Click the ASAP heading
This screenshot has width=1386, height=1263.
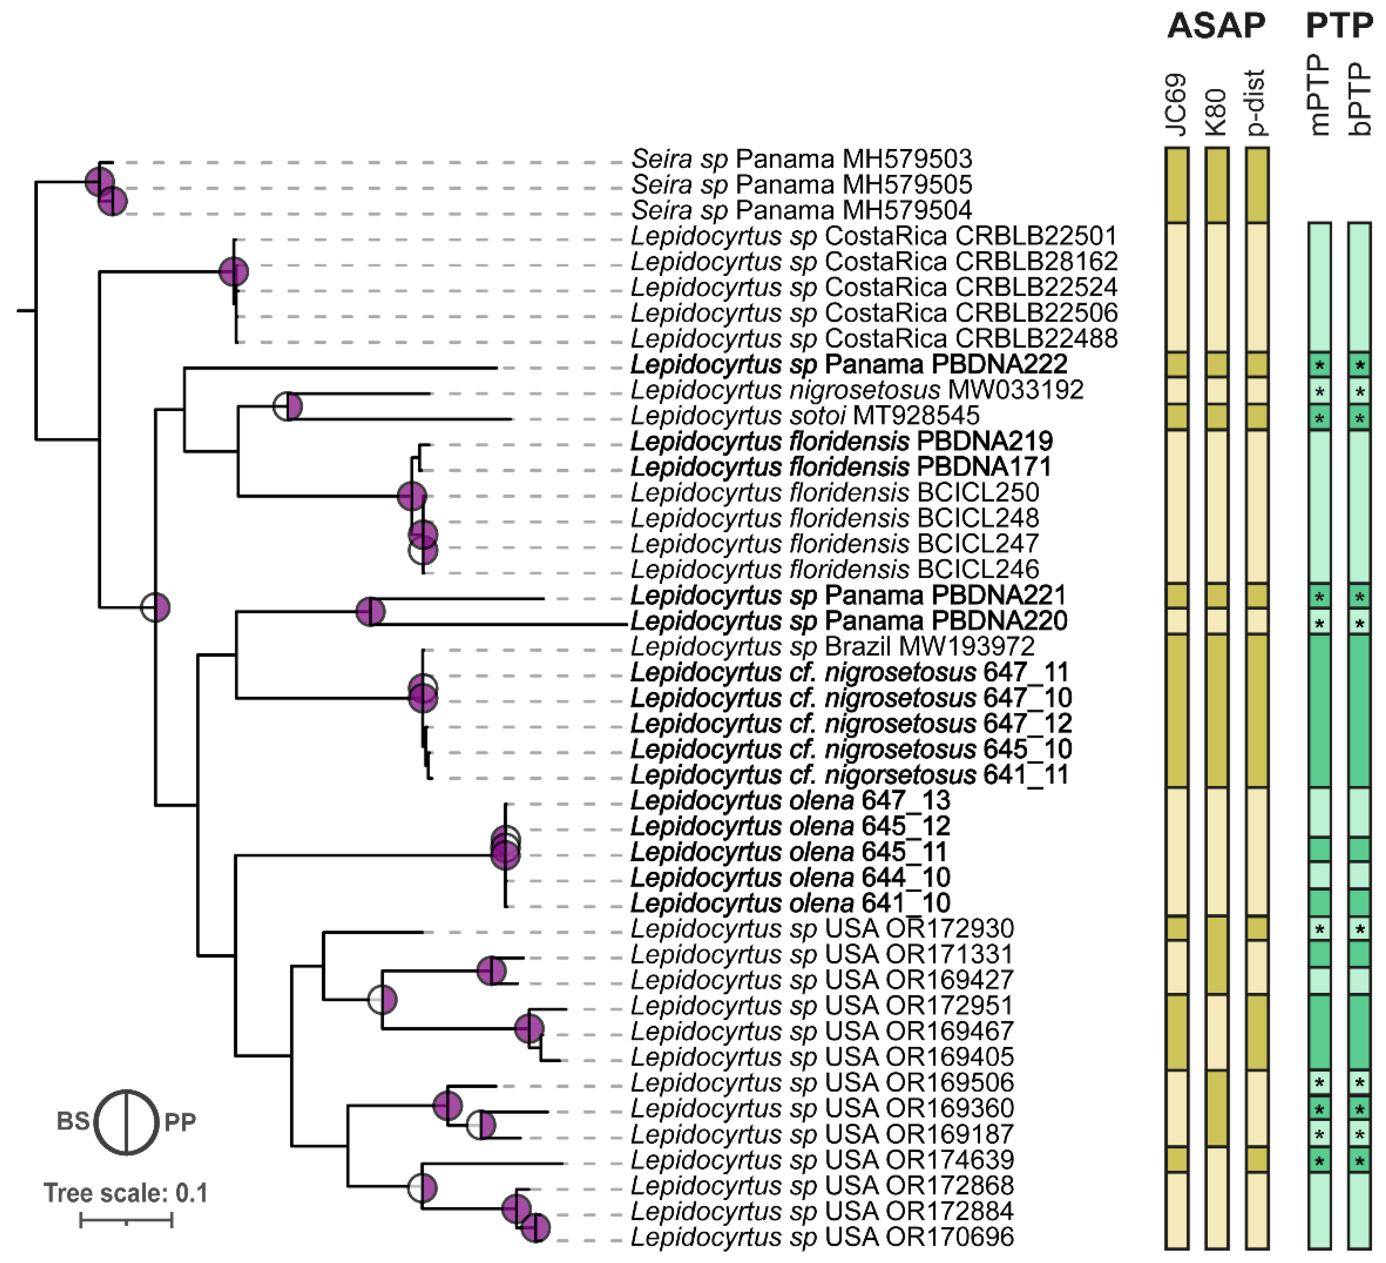(x=1215, y=26)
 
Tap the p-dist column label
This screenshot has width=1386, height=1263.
(x=1256, y=102)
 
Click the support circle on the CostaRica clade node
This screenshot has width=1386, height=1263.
(x=234, y=272)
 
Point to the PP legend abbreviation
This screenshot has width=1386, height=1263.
(x=180, y=1122)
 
